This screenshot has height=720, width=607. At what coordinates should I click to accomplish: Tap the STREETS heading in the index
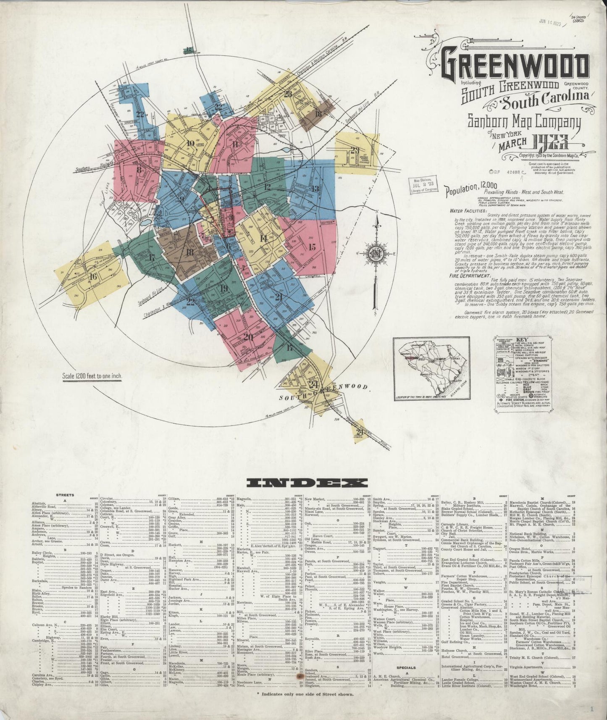click(65, 495)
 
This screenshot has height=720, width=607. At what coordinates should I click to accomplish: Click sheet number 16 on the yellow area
click(93, 276)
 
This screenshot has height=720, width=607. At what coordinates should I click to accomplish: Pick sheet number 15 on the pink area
click(311, 247)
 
